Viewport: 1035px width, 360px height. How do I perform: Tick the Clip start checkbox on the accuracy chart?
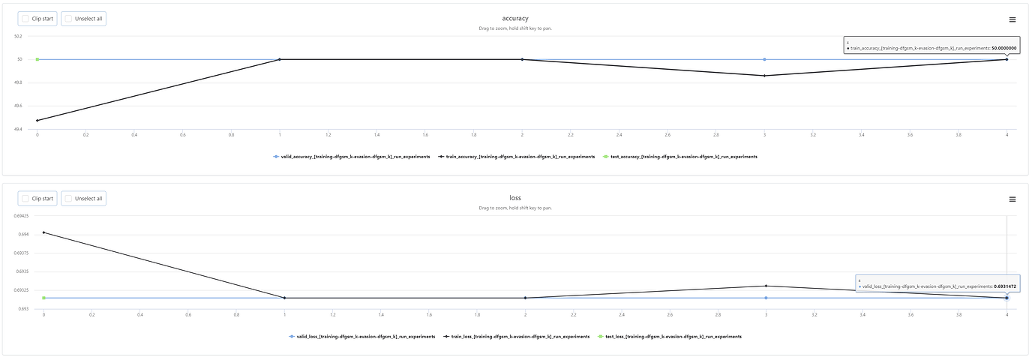25,18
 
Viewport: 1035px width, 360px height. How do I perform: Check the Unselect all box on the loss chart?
69,198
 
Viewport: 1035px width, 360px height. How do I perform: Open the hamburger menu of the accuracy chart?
1012,19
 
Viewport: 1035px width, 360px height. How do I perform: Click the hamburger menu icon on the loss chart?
1012,199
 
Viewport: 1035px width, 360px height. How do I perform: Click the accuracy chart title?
515,18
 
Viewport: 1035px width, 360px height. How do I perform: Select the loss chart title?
515,198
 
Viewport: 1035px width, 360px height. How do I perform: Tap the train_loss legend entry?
516,337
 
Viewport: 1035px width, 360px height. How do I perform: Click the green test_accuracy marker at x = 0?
37,59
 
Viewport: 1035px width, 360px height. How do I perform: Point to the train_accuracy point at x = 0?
37,120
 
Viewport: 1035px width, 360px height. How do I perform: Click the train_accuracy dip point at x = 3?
764,76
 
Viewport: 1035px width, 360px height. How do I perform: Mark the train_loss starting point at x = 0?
43,232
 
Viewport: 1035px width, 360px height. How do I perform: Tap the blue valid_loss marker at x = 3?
766,298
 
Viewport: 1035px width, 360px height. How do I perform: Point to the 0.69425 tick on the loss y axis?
21,216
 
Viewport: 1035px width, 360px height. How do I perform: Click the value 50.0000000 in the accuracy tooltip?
1003,48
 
